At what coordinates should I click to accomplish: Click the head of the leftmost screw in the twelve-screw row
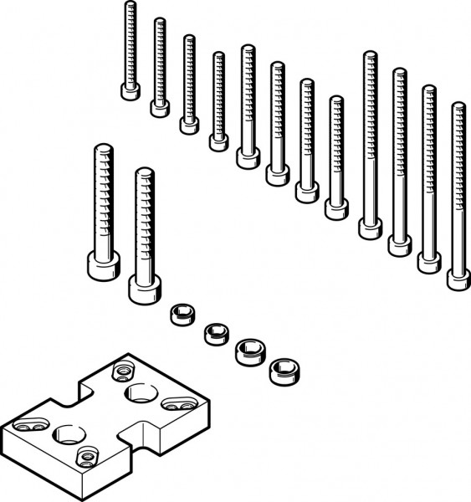130,90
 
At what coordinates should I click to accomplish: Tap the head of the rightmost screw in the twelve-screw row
458,278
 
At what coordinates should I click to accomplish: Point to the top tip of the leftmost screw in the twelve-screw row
131,5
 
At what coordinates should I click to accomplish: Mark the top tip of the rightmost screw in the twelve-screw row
458,106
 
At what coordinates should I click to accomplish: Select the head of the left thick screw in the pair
101,266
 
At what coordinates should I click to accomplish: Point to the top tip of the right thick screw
145,172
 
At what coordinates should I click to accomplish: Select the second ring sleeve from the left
215,333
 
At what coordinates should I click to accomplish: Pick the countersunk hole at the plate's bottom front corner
84,456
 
